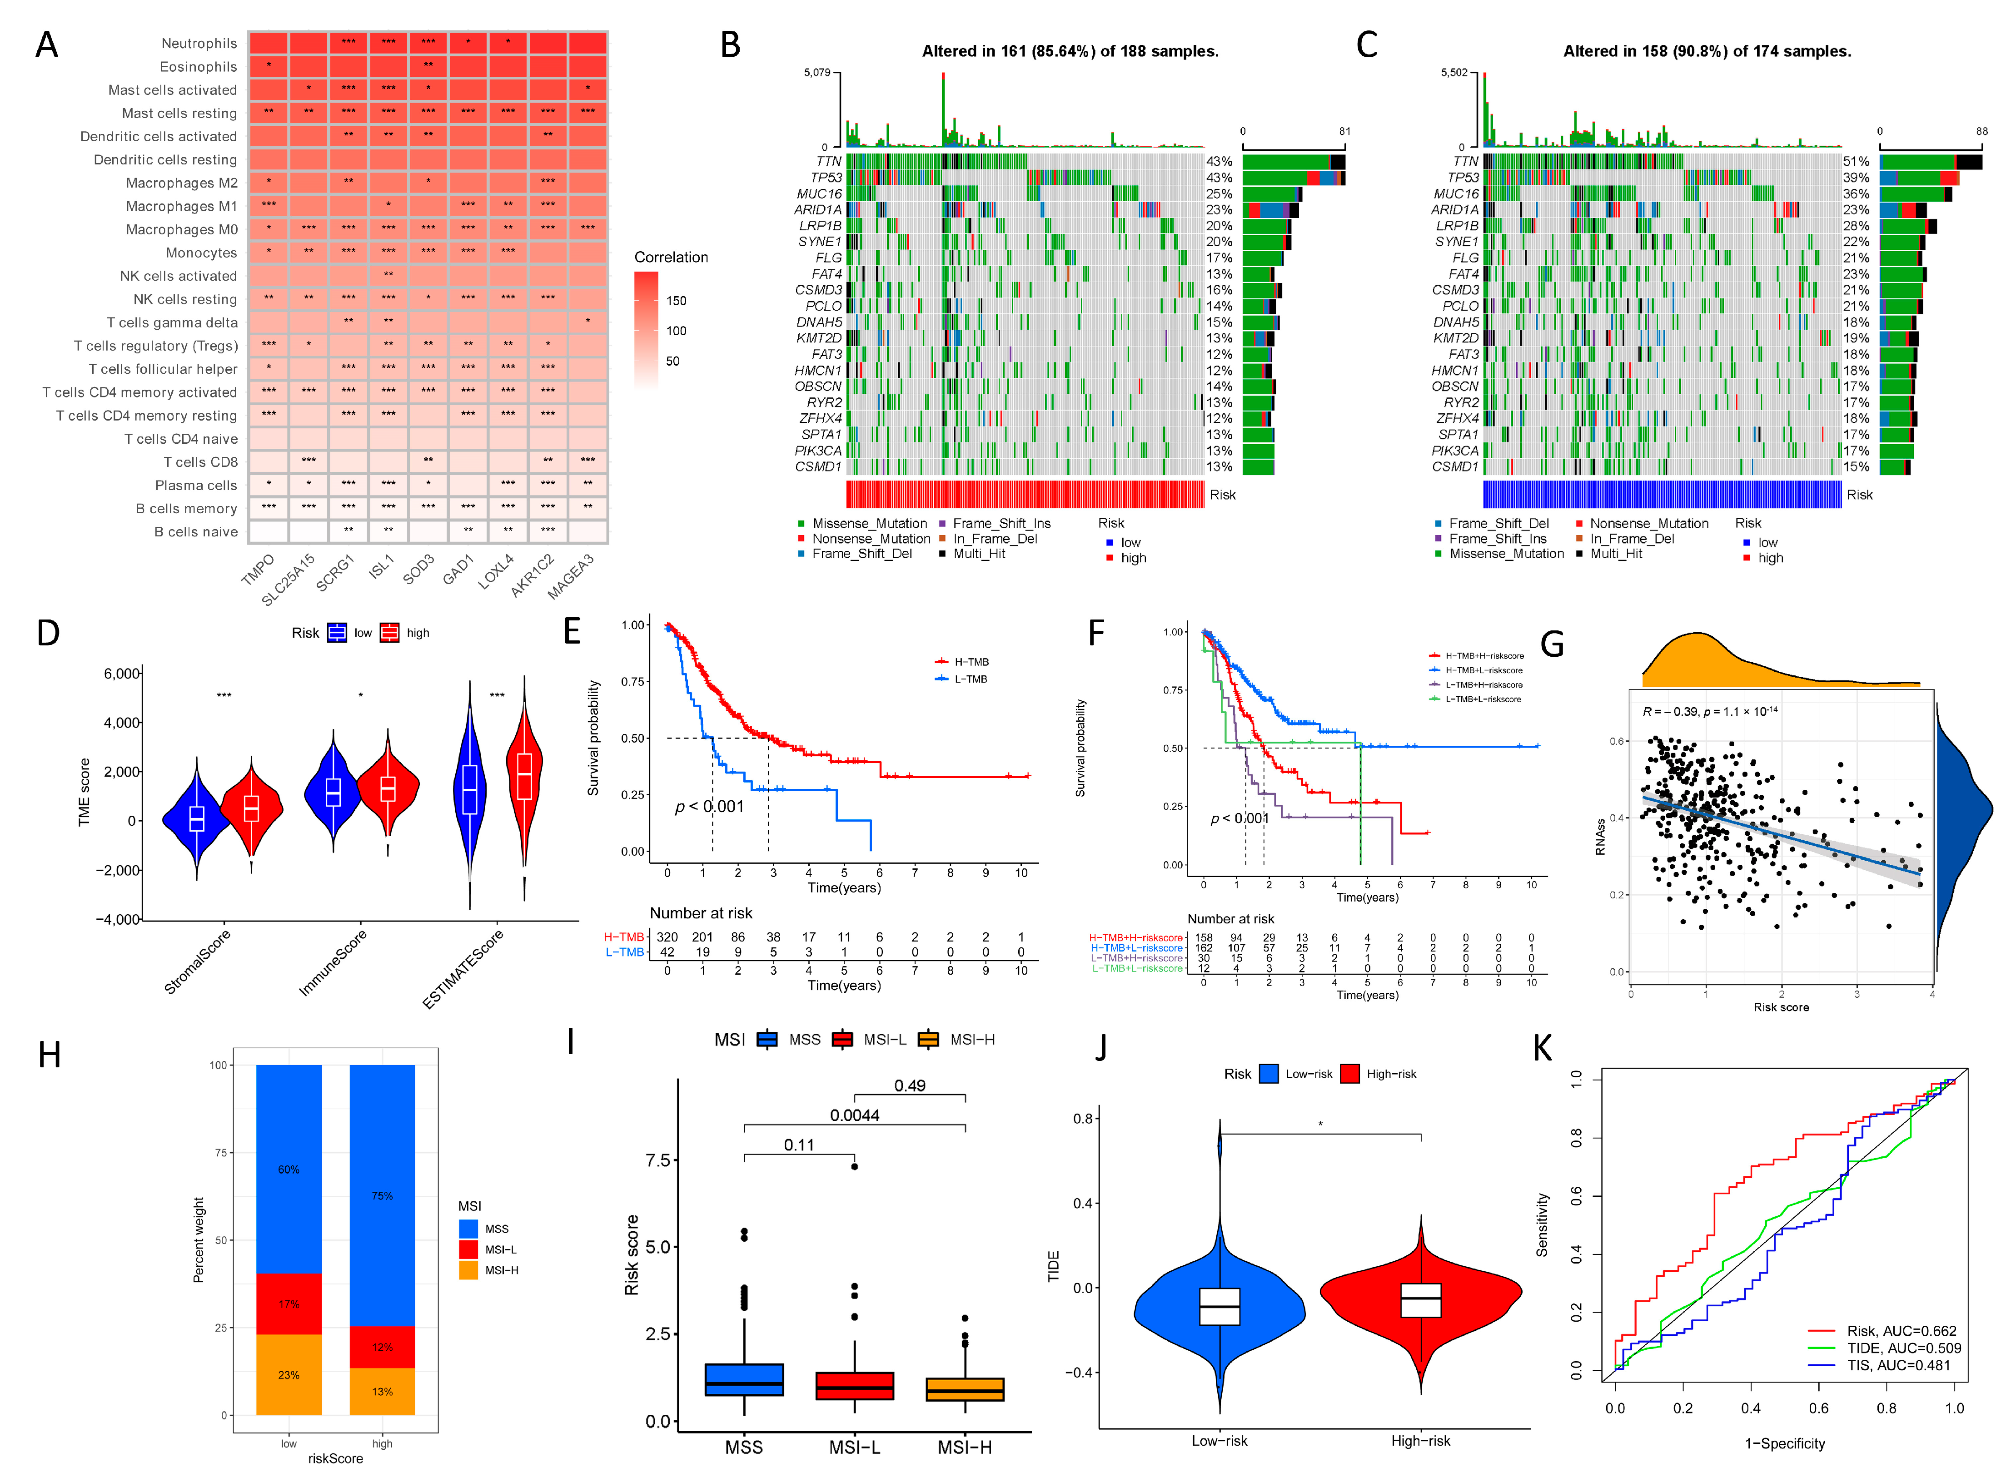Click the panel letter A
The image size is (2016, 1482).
pyautogui.click(x=47, y=45)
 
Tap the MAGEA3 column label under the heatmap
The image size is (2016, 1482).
pyautogui.click(x=571, y=576)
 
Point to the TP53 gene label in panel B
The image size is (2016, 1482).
pyautogui.click(x=826, y=178)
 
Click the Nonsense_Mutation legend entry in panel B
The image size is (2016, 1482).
pyautogui.click(x=870, y=538)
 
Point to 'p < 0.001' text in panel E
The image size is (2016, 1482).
pyautogui.click(x=709, y=807)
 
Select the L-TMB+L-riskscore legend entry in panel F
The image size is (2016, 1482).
pyautogui.click(x=1482, y=699)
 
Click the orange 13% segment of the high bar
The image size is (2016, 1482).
pyautogui.click(x=382, y=1392)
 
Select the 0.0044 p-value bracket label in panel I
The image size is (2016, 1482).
pyautogui.click(x=854, y=1115)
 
